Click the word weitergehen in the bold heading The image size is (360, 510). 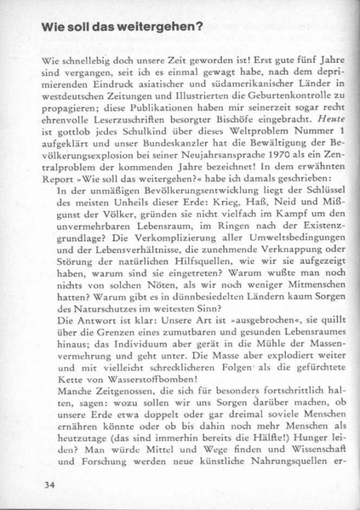pyautogui.click(x=151, y=27)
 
